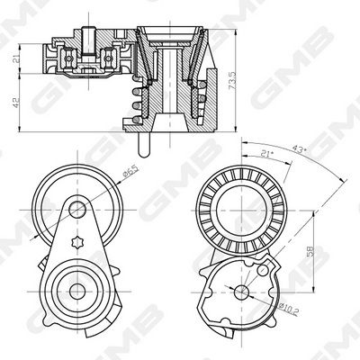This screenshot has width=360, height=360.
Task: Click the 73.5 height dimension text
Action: pyautogui.click(x=232, y=80)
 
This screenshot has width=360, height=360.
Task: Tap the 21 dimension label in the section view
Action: pyautogui.click(x=15, y=59)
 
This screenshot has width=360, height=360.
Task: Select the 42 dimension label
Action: pyautogui.click(x=15, y=102)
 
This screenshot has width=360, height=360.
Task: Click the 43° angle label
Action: pyautogui.click(x=299, y=149)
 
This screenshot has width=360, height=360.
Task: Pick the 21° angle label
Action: pyautogui.click(x=267, y=154)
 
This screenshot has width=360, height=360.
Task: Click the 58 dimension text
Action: pyautogui.click(x=310, y=251)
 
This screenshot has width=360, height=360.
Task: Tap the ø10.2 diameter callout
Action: pyautogui.click(x=288, y=310)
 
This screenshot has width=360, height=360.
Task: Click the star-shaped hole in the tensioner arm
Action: pyautogui.click(x=77, y=242)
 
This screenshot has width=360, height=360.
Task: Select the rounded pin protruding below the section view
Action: pyautogui.click(x=144, y=145)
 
